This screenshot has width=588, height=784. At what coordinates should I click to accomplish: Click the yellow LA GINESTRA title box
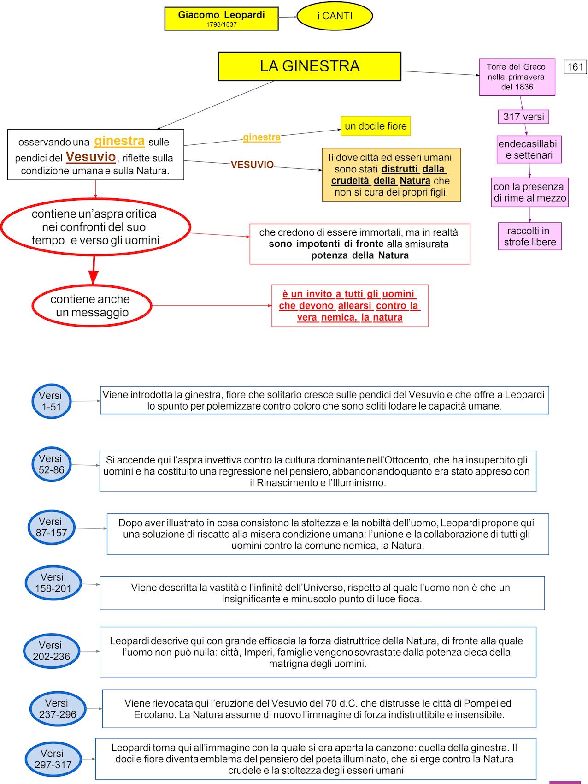[x=309, y=66]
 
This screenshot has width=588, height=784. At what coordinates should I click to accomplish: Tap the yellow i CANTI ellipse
[x=335, y=16]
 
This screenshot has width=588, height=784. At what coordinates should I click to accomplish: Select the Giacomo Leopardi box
[x=221, y=18]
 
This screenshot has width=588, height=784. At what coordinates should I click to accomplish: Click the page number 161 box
[x=575, y=67]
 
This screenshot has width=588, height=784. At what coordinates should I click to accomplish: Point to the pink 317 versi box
[x=523, y=117]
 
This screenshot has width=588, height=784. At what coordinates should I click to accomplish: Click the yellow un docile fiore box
[x=376, y=126]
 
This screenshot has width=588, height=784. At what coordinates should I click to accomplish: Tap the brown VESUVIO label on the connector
[x=252, y=165]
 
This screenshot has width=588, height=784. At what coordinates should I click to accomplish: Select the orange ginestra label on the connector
[x=262, y=137]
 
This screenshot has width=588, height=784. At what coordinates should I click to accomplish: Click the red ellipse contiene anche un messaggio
[x=92, y=305]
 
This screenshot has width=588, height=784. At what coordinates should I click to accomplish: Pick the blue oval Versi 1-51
[x=52, y=401]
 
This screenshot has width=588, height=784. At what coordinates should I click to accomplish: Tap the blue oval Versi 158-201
[x=53, y=582]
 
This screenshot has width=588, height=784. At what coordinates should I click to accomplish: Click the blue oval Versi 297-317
[x=53, y=759]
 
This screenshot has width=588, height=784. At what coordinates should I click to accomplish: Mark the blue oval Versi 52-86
[x=52, y=464]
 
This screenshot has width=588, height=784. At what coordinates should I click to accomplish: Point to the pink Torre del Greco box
[x=517, y=77]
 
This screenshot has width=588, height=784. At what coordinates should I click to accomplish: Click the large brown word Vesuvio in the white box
[x=91, y=157]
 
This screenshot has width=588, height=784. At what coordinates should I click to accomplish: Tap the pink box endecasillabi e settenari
[x=529, y=149]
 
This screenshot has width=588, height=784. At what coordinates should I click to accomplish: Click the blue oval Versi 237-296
[x=58, y=708]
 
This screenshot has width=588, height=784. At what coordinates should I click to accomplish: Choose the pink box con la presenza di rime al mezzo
[x=529, y=192]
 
